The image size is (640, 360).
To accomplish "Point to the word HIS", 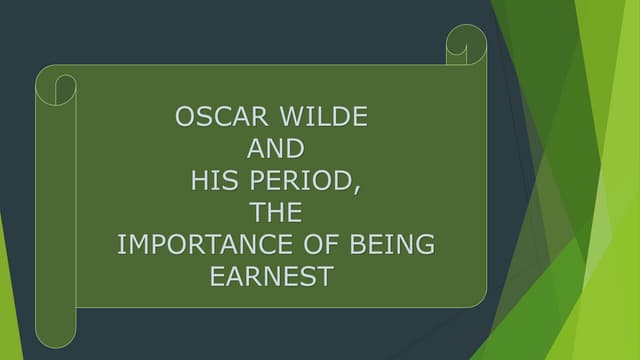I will click(x=213, y=181).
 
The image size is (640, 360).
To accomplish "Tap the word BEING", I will click(x=395, y=245).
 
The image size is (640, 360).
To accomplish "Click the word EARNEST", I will click(x=270, y=277).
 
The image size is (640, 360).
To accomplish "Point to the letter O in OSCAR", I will click(x=184, y=117).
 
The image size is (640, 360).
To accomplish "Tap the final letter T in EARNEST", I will click(x=323, y=277).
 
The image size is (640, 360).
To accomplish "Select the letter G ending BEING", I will click(x=426, y=245).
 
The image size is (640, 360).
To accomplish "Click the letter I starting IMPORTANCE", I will click(x=121, y=245).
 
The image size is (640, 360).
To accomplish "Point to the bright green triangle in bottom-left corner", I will click(x=8, y=320).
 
